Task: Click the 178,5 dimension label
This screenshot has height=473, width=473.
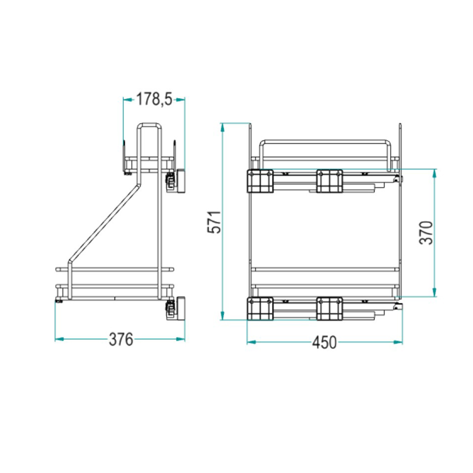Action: (x=154, y=99)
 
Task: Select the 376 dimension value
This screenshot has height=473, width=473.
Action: (x=121, y=339)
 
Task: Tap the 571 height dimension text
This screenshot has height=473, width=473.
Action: (x=215, y=222)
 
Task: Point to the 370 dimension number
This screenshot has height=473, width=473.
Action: (x=427, y=233)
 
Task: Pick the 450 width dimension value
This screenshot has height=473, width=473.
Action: (x=324, y=342)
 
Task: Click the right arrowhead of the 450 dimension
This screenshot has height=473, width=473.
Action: (x=398, y=342)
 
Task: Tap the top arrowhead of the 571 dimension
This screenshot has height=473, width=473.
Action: (x=223, y=128)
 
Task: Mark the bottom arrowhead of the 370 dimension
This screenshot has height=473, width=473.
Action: (x=434, y=292)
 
